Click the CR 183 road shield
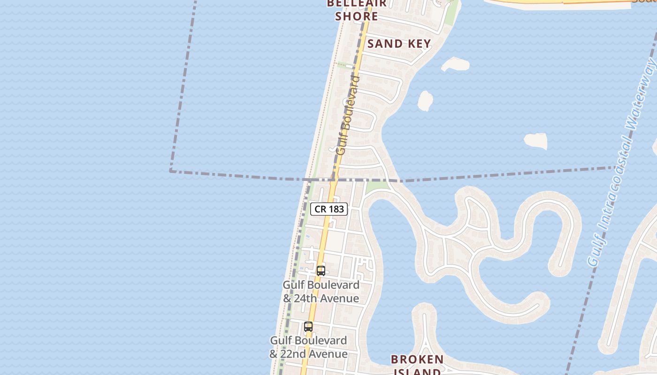(329, 209)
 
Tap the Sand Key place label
(399, 44)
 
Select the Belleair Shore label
(357, 10)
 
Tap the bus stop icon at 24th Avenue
(321, 270)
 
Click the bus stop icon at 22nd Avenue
(308, 327)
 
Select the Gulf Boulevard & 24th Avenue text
(321, 292)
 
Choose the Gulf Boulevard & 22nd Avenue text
(308, 347)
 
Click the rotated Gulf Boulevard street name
(348, 115)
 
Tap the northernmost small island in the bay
(455, 64)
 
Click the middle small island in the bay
(425, 101)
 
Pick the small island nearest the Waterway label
(535, 141)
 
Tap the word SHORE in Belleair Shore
(357, 16)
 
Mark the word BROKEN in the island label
(417, 360)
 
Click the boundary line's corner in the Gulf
(170, 171)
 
